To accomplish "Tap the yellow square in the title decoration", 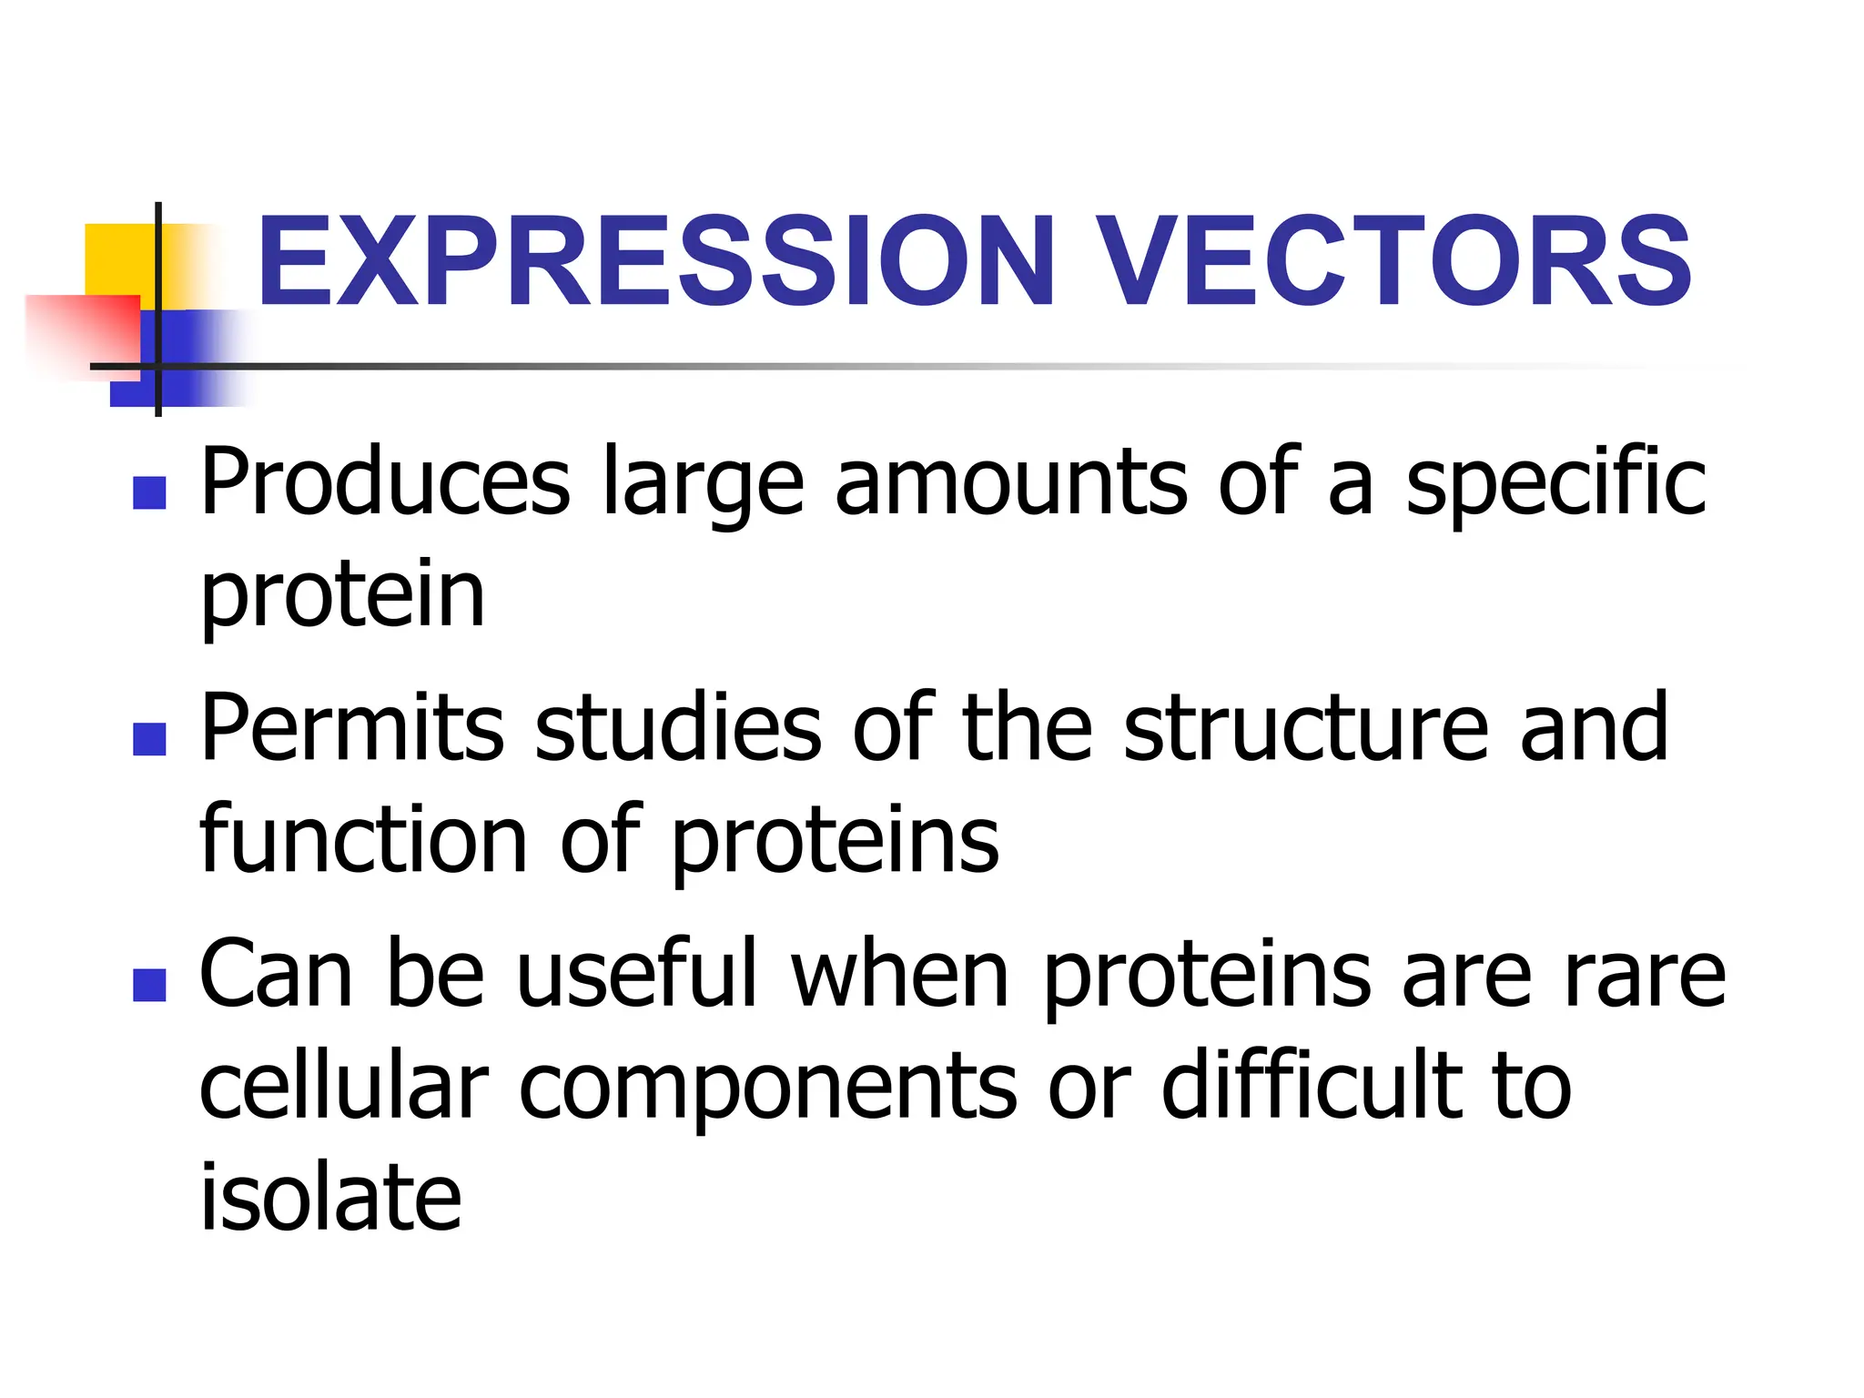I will point(118,259).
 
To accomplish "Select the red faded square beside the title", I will point(82,332).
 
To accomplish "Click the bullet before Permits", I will point(149,739).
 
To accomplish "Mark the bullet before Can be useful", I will point(149,985).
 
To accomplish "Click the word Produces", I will point(385,482).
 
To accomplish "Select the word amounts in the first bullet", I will point(1010,482).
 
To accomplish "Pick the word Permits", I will point(351,728).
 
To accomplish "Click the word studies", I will point(678,728).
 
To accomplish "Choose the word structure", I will point(1305,728).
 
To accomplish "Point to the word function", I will point(363,839).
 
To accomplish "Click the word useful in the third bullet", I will point(637,974).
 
